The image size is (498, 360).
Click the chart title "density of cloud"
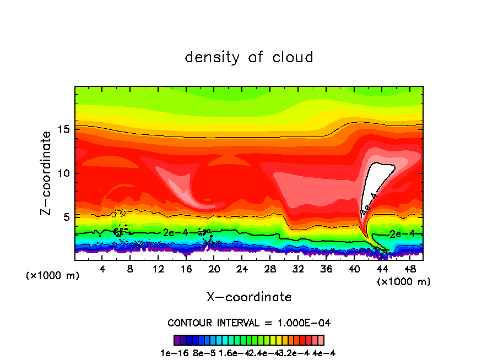click(249, 57)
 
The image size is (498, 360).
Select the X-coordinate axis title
click(249, 297)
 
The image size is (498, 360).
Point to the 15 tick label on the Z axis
click(64, 130)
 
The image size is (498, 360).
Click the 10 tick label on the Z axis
click(64, 173)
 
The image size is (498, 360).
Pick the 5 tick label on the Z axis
click(67, 217)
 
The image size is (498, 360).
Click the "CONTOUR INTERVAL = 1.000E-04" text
click(249, 323)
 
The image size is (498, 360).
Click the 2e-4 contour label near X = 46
click(400, 234)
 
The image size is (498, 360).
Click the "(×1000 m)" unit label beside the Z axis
click(53, 276)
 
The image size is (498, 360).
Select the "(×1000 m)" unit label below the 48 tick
click(403, 282)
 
